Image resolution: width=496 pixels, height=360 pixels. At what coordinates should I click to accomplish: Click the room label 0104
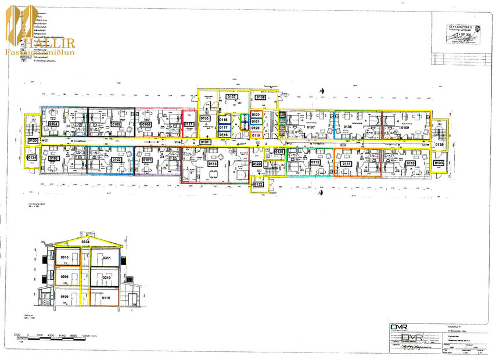coord(53,124)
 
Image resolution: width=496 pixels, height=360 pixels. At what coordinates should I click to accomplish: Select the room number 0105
coord(116,124)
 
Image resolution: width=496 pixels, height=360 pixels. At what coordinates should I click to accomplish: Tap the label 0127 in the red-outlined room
coord(189,124)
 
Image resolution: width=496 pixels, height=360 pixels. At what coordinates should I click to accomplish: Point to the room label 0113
coord(213,164)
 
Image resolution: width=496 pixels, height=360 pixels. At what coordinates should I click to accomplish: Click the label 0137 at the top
coord(232,96)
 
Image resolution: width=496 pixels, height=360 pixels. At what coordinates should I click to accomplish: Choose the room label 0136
coord(260,98)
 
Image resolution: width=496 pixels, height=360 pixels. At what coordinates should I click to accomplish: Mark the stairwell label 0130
coord(33,141)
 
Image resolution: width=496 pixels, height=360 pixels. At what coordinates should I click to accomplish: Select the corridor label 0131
coord(205,142)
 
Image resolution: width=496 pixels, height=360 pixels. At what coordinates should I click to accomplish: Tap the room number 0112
coord(315,162)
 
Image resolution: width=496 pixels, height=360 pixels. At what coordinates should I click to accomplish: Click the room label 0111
coord(347,164)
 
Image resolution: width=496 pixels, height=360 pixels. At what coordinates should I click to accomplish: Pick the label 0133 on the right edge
coord(439,163)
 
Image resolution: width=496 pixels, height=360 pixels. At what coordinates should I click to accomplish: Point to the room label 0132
coord(258,184)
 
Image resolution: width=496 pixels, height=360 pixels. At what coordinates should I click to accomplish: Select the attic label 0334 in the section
coord(86,241)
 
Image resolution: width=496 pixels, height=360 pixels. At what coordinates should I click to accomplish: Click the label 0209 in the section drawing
coord(65,278)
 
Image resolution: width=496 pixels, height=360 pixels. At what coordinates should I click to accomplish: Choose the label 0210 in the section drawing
coord(106,278)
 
